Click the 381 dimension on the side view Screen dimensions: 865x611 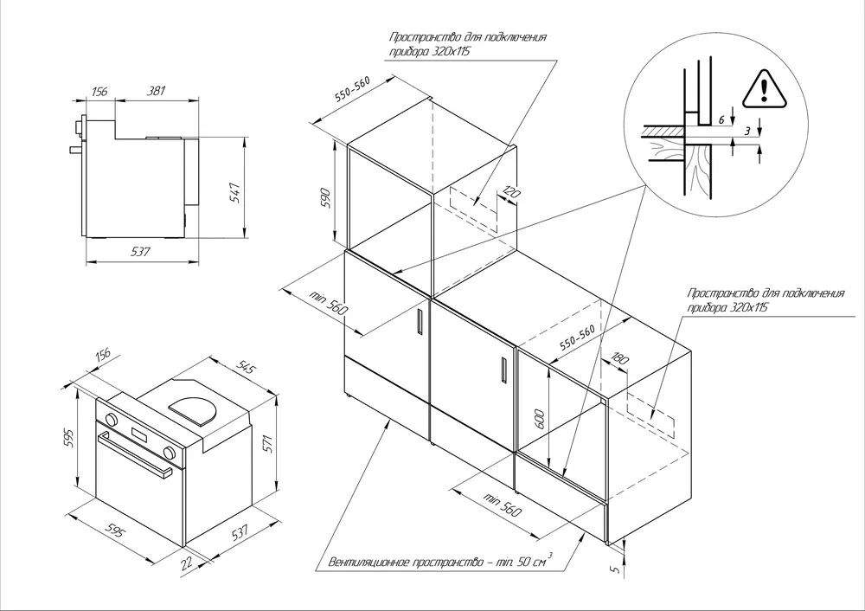point(156,91)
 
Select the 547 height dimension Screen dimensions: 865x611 point(235,193)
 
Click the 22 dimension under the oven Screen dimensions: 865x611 point(187,563)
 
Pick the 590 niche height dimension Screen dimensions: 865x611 point(325,197)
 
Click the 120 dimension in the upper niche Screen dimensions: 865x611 point(511,193)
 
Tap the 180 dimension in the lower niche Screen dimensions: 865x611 point(619,359)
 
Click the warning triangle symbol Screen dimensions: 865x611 point(764,89)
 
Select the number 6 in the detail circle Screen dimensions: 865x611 point(721,119)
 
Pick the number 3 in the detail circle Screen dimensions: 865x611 point(747,132)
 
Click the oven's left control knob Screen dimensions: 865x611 point(111,419)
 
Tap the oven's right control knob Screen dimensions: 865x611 point(170,453)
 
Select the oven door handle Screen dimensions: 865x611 point(135,453)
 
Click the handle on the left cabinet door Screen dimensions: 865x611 point(420,322)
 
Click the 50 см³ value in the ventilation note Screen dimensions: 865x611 point(535,561)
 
